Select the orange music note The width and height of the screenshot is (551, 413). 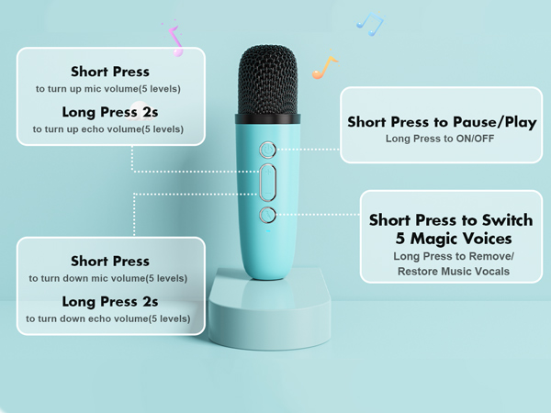[x=324, y=66]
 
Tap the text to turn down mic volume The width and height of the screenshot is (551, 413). [x=108, y=278]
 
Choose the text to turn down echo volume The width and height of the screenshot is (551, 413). [x=108, y=318]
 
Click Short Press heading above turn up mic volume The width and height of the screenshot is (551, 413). [x=110, y=72]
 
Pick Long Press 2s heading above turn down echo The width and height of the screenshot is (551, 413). [x=108, y=300]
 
